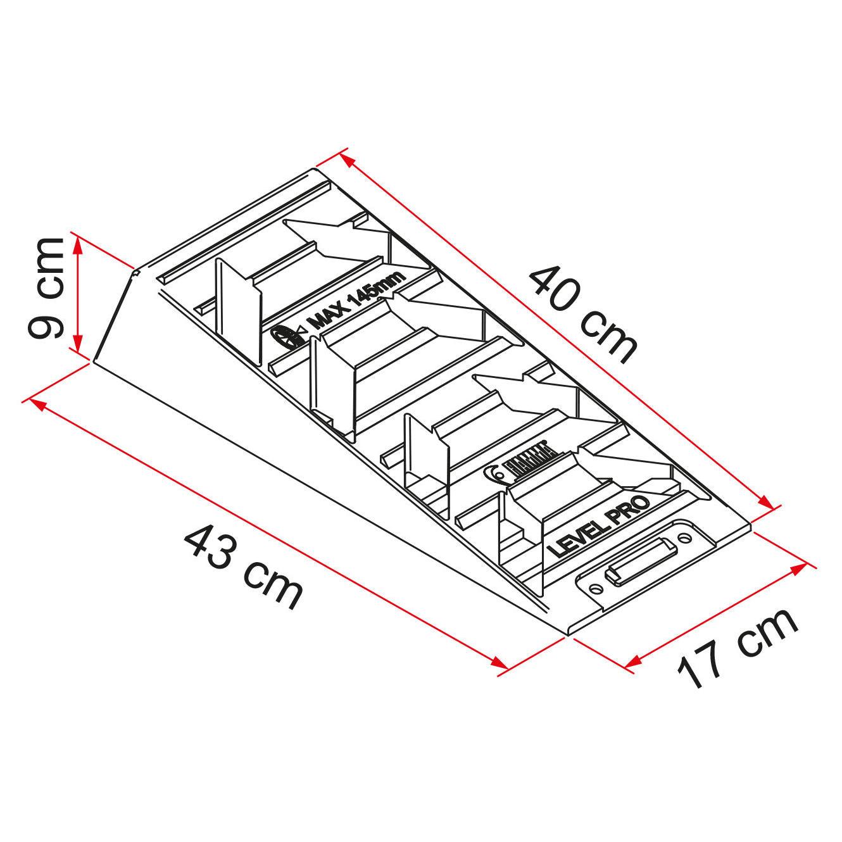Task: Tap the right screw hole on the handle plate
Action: tap(686, 536)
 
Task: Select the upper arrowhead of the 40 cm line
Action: tap(347, 158)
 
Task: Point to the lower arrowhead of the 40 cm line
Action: tap(768, 503)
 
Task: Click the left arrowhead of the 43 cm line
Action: tap(36, 403)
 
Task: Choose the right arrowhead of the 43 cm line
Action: tap(501, 664)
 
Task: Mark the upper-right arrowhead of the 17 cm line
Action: tap(801, 565)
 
